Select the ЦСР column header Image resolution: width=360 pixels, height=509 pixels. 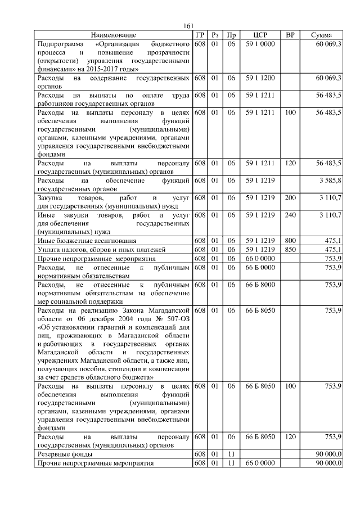click(x=260, y=35)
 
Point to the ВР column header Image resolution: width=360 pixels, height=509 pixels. click(x=290, y=35)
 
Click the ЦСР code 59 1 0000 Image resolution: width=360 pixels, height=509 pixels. click(x=260, y=43)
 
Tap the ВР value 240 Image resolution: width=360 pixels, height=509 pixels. click(x=290, y=215)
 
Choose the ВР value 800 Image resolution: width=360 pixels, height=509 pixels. click(x=290, y=240)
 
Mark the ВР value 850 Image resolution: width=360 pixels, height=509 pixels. click(x=290, y=249)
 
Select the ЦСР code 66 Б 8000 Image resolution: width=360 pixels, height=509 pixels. click(x=260, y=285)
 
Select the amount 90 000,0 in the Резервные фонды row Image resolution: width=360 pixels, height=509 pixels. click(x=328, y=454)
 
